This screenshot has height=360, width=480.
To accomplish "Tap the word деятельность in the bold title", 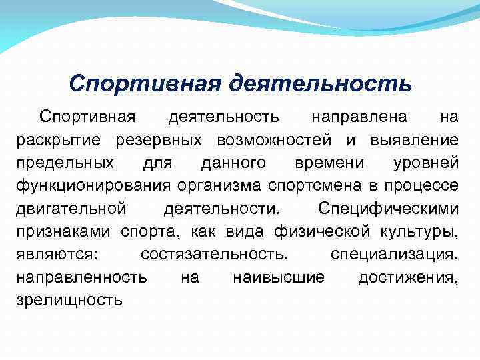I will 321,85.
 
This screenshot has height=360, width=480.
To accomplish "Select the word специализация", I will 394,254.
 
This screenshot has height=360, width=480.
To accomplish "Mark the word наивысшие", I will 278,277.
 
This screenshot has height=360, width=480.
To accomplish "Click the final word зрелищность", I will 69,299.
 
